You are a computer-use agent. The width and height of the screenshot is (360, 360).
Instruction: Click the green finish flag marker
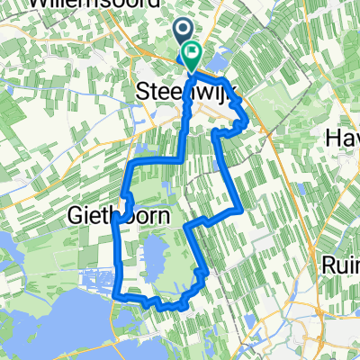(193, 57)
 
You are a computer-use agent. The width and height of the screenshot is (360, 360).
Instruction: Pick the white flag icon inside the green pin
(193, 55)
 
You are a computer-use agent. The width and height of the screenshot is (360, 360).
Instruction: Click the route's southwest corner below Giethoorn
(119, 292)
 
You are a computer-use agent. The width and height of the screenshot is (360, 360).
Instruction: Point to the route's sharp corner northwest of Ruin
(239, 210)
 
